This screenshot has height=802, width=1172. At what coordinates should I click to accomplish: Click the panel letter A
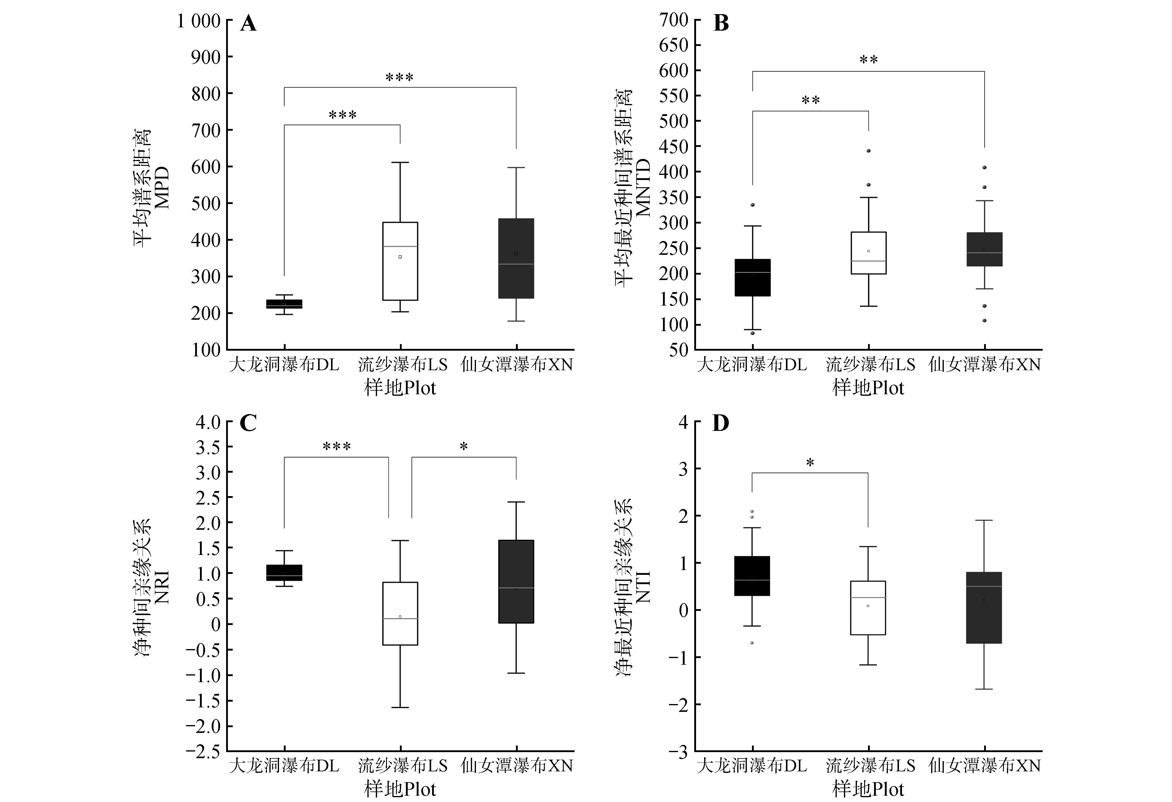pos(248,23)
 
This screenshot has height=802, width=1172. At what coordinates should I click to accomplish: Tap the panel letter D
pos(720,423)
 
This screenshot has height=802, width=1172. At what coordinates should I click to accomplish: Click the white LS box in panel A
pos(400,261)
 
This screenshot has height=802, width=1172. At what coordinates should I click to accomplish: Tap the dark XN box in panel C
pos(516,582)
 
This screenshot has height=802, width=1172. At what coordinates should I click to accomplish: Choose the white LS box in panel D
pos(868,608)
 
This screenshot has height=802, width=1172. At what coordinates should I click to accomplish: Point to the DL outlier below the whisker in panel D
pos(752,643)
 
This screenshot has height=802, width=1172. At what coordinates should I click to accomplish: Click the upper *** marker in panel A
pos(399,78)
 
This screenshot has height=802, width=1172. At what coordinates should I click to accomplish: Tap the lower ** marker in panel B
pos(810,100)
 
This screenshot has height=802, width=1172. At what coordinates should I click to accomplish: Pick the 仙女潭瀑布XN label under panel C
pos(517,766)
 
